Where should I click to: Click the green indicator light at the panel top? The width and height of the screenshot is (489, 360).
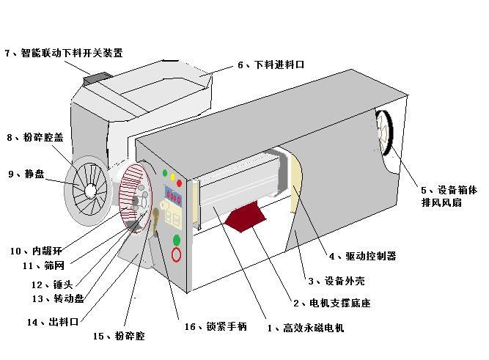pos(164,173)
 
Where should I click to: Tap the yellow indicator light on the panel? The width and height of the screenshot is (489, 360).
pos(172,177)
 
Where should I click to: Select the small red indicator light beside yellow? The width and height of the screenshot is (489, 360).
pos(180,183)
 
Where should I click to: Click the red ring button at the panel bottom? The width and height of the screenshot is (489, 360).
pos(177,255)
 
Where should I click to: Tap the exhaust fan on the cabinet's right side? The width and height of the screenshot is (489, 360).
pos(385,134)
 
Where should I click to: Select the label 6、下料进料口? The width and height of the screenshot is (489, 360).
pos(270,65)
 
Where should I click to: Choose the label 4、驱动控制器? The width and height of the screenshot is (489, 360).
pos(361,256)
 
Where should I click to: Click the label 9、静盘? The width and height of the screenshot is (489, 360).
pos(26,174)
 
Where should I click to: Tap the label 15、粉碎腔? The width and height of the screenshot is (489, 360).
pos(119,336)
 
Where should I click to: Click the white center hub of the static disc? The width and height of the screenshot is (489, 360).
pos(90,190)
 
